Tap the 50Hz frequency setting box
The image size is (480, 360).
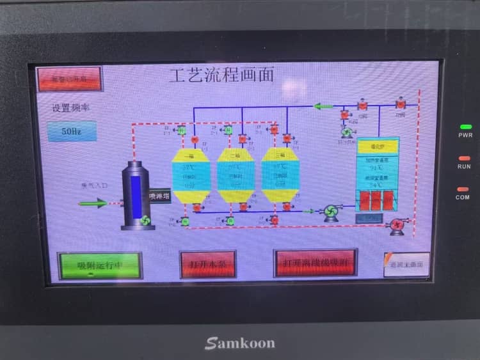(x=72, y=132)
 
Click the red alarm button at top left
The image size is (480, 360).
(x=69, y=79)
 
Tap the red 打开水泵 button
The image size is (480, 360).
(x=208, y=264)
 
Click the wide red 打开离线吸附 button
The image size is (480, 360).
(x=316, y=263)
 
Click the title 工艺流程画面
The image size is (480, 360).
(x=221, y=75)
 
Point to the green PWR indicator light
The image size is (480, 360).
(x=465, y=127)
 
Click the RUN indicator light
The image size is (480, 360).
(x=465, y=158)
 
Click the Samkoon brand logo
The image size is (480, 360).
(x=240, y=343)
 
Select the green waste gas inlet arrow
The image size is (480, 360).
(x=93, y=203)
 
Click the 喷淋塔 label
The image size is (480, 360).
(x=159, y=196)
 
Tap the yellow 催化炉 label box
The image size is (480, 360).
(x=378, y=146)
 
